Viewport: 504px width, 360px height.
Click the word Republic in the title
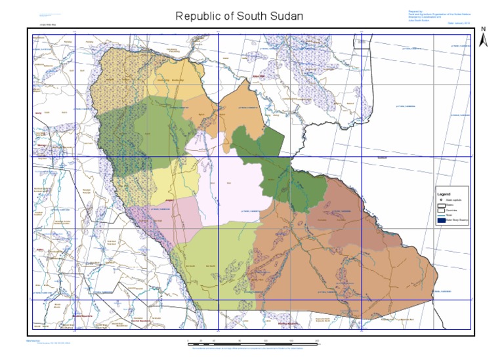199,15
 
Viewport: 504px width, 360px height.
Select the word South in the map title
250,15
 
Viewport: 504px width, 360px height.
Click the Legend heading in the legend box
444,195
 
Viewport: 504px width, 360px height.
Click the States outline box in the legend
442,205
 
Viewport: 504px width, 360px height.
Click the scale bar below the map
253,342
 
